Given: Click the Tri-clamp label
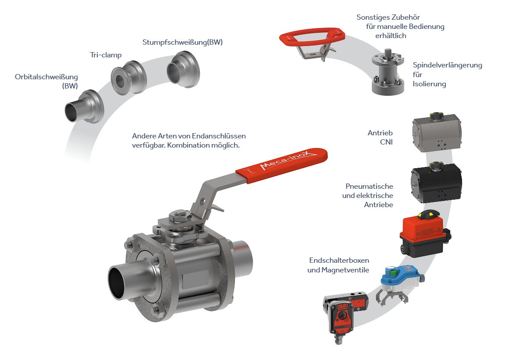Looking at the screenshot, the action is (x=106, y=55).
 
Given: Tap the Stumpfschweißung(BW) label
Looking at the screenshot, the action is (x=183, y=42).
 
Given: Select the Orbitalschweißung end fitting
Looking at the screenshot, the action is (x=84, y=106).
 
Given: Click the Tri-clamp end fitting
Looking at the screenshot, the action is (x=128, y=78).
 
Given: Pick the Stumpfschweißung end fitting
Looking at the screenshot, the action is (x=183, y=70).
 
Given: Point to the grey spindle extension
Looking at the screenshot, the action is (x=388, y=72).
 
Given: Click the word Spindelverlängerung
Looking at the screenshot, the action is (x=447, y=65).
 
